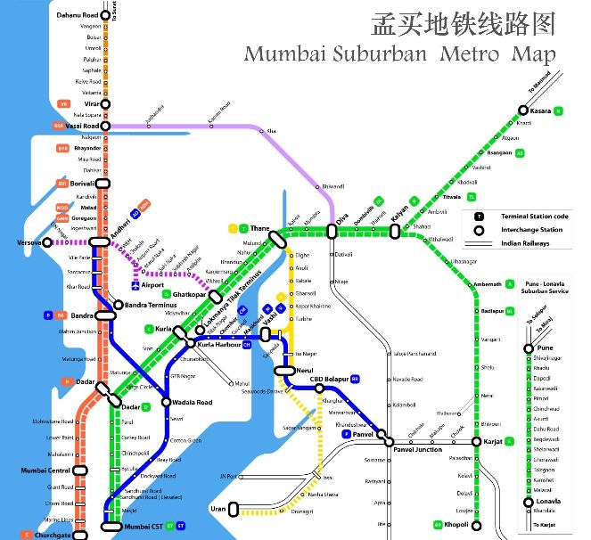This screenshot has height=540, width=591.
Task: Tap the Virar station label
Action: [88, 103]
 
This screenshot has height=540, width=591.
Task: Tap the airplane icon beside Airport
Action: [135, 286]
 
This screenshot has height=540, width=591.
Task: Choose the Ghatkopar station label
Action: [188, 293]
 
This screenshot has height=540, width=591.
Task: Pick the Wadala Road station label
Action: [193, 403]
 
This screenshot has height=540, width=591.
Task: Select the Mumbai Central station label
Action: [45, 470]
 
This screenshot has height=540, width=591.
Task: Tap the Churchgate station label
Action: [53, 535]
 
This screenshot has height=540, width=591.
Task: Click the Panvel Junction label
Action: [417, 450]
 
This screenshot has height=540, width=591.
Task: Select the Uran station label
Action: [218, 509]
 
